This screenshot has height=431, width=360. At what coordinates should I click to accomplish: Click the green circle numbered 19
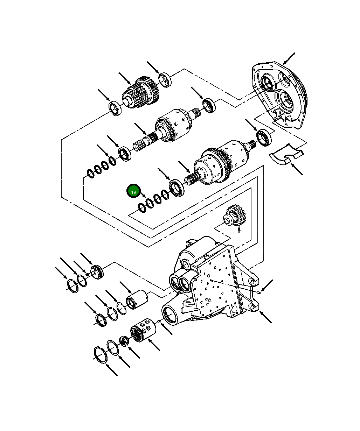(133, 192)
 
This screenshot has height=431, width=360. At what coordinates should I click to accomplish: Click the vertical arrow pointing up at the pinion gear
(239, 229)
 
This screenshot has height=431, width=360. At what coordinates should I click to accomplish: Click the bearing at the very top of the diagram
(165, 79)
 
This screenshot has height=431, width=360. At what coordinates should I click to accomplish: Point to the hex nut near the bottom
(123, 340)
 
